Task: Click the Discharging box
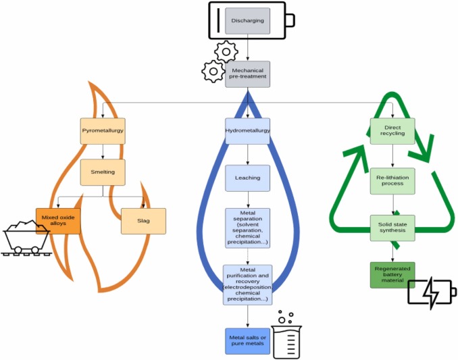point(247,21)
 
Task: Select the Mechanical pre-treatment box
point(247,73)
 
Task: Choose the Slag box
point(143,221)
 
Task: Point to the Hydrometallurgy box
point(247,130)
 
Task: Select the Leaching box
point(247,178)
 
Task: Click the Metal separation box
point(247,228)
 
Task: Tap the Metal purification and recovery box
point(247,284)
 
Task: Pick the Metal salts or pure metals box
point(247,341)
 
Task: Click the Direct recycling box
point(392,130)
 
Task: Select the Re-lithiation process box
point(392,180)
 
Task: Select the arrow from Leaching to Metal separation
point(247,200)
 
